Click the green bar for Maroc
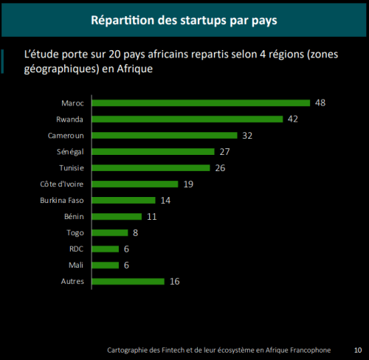click(200, 103)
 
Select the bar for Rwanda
click(187, 119)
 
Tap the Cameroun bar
click(164, 135)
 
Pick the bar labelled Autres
click(127, 281)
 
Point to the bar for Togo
click(109, 232)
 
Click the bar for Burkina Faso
click(123, 200)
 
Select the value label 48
click(320, 103)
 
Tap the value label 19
click(189, 184)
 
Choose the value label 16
click(174, 281)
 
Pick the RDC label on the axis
click(76, 249)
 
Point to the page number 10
click(358, 350)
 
